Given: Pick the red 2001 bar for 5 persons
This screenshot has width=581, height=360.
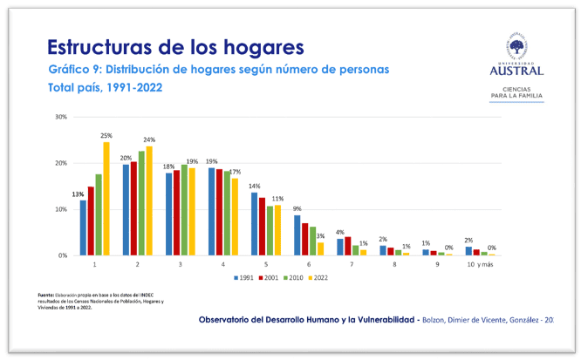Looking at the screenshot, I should pos(262,227).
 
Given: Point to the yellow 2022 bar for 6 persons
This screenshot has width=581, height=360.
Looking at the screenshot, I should pos(320,248).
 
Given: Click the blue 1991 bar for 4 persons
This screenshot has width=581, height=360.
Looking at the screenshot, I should pos(211,212).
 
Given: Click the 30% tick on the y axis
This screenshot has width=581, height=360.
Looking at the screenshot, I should pos(61,116).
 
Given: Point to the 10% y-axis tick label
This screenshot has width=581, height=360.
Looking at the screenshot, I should pos(61,209).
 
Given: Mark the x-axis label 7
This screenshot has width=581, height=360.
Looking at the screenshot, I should pos(352,264).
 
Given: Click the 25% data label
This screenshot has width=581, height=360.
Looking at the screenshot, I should pos(106,136).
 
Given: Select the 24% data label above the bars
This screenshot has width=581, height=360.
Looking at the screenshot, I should pos(149,140).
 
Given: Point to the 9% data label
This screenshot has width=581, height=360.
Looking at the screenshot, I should pos(297,208).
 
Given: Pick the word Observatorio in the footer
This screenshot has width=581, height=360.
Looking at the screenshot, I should pos(228,320).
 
